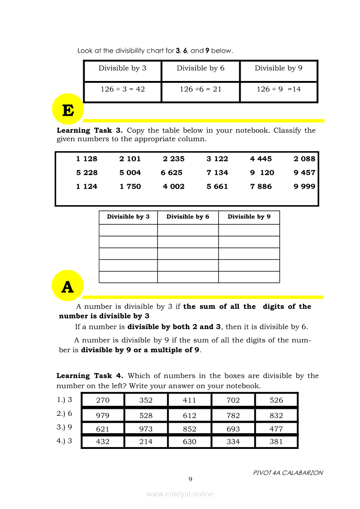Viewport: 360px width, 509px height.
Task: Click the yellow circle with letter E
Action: pyautogui.click(x=68, y=109)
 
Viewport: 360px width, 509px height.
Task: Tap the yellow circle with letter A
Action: pyautogui.click(x=67, y=286)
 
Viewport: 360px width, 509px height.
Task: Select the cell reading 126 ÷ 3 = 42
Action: pyautogui.click(x=122, y=89)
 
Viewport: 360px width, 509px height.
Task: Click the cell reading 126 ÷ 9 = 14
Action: pyautogui.click(x=278, y=89)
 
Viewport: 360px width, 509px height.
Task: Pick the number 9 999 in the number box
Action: pyautogui.click(x=304, y=186)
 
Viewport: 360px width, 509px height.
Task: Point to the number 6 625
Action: pyautogui.click(x=172, y=172)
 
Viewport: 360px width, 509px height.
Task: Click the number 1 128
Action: pyautogui.click(x=87, y=159)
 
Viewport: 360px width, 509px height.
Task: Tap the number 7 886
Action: pyautogui.click(x=261, y=186)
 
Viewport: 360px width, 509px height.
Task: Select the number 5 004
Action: pyautogui.click(x=130, y=172)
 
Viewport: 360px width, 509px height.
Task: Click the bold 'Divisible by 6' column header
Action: pyautogui.click(x=188, y=217)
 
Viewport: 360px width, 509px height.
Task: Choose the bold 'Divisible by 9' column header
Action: pyautogui.click(x=249, y=217)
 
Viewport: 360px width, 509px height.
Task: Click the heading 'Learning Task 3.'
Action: pyautogui.click(x=90, y=130)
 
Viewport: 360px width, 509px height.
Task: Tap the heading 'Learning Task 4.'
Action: pyautogui.click(x=90, y=376)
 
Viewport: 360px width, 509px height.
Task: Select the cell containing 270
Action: pyautogui.click(x=103, y=400)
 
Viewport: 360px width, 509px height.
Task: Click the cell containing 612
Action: pyautogui.click(x=190, y=415)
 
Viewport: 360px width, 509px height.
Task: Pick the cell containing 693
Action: pyautogui.click(x=233, y=429)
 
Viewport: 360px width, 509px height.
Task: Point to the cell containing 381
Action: pyautogui.click(x=276, y=442)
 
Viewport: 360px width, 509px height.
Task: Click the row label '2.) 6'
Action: pyautogui.click(x=64, y=414)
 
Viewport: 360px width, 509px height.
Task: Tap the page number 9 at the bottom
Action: pyautogui.click(x=190, y=479)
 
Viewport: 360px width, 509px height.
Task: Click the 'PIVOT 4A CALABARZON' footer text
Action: pyautogui.click(x=288, y=473)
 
